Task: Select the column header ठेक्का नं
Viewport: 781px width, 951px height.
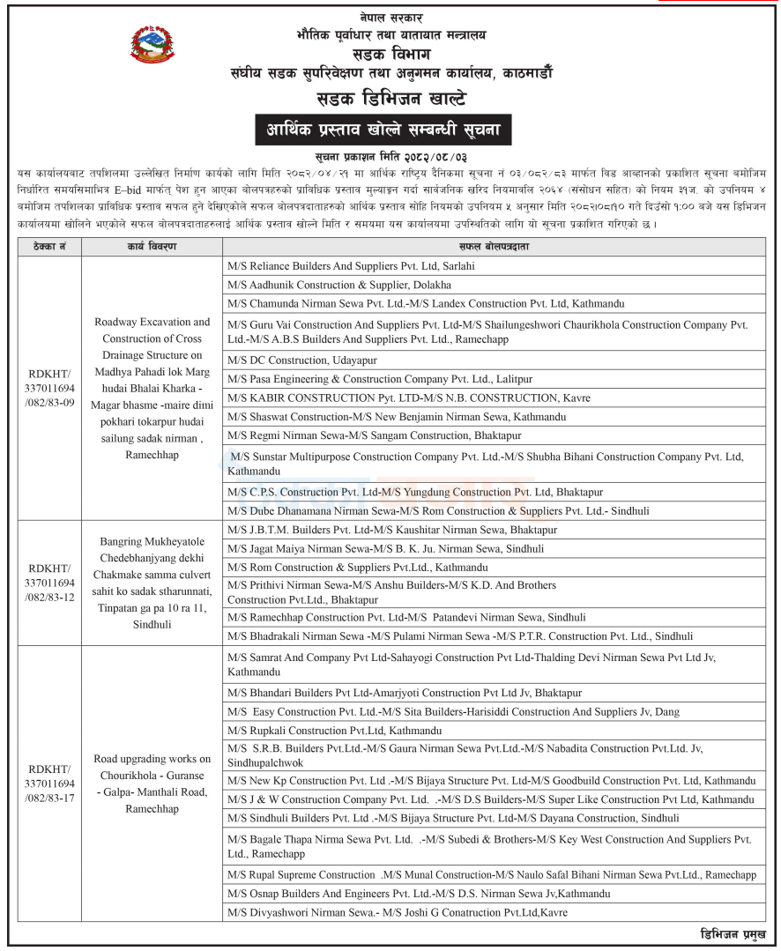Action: [48, 246]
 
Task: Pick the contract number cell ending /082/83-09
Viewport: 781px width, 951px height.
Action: [48, 389]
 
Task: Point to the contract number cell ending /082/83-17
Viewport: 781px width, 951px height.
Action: [48, 783]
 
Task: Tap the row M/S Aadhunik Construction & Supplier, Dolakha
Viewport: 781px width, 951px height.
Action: [338, 285]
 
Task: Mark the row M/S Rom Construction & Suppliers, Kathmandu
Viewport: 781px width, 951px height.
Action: [357, 568]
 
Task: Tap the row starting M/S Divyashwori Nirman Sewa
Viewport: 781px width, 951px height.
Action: [398, 912]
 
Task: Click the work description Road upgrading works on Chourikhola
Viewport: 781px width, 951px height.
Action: [152, 784]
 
